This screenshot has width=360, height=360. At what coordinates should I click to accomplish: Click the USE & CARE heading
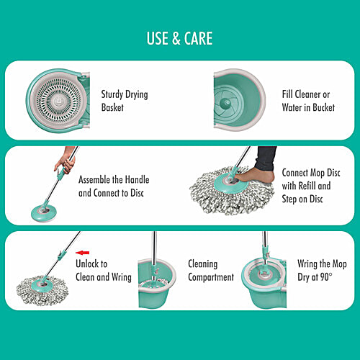pos(179,37)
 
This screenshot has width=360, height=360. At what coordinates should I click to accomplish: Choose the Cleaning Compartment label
pos(211,271)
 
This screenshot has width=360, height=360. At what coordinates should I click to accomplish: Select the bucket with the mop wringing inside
pos(263,281)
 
